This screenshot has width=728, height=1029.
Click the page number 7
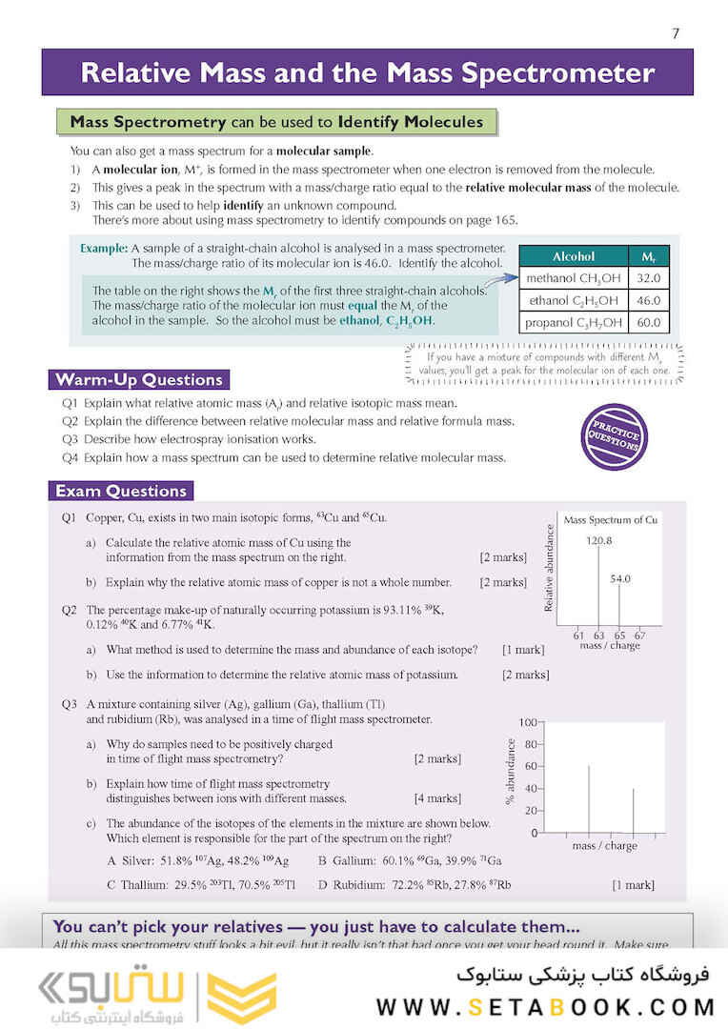point(676,33)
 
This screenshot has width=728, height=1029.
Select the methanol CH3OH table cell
point(573,278)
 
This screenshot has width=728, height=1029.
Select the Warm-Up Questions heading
point(139,380)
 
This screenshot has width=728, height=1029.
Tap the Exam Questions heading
point(121,492)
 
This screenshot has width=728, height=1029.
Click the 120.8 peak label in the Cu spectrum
point(599,540)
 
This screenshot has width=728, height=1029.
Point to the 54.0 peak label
point(620,578)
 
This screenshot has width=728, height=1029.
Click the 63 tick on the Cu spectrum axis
point(598,635)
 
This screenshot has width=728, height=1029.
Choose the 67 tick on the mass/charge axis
point(639,635)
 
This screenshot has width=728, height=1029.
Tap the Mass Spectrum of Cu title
point(611,520)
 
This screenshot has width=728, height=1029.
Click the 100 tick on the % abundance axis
point(527,722)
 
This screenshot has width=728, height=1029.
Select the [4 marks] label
point(437,798)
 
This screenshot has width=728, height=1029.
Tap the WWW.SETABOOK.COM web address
point(545,1006)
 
